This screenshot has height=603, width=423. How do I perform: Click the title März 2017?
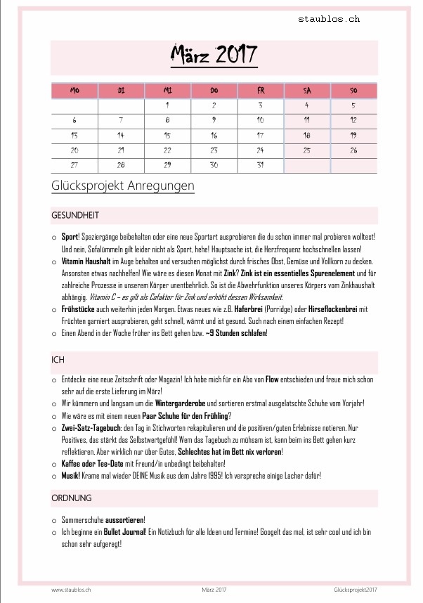[x=214, y=55]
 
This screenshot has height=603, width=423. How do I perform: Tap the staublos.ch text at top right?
[x=328, y=19]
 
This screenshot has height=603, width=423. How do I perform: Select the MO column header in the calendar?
[x=74, y=91]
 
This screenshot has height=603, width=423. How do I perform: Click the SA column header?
[x=307, y=91]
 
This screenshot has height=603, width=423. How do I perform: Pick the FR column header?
[x=261, y=91]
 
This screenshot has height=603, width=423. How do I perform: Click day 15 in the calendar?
[x=167, y=135]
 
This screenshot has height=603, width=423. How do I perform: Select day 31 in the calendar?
[x=261, y=165]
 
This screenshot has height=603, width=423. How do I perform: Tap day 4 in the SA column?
[x=307, y=105]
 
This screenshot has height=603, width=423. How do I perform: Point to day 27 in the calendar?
[x=74, y=165]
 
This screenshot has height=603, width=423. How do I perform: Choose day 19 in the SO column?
[x=353, y=135]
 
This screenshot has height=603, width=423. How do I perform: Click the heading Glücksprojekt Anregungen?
[x=122, y=186]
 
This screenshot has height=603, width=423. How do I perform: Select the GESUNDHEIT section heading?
[x=75, y=215]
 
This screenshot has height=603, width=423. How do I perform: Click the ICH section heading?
[x=58, y=360]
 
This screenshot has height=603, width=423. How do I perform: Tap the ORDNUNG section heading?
[x=72, y=498]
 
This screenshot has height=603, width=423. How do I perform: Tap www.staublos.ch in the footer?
[x=72, y=589]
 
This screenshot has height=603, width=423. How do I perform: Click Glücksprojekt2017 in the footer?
[x=356, y=589]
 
